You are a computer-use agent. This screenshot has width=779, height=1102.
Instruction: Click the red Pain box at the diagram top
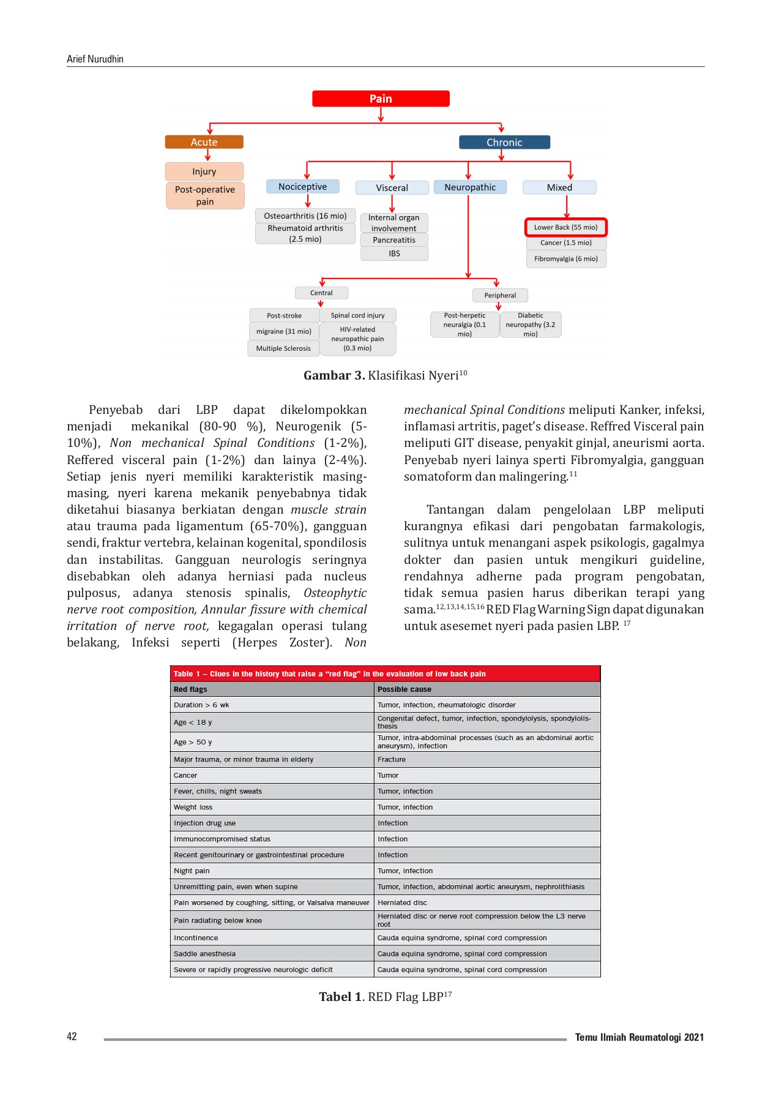point(381,99)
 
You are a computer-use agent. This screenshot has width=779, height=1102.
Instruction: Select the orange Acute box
point(204,142)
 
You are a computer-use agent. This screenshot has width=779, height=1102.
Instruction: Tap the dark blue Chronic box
point(504,143)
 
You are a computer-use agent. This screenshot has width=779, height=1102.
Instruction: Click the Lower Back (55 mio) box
point(565,227)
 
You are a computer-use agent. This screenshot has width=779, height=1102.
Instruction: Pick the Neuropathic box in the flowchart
point(470,187)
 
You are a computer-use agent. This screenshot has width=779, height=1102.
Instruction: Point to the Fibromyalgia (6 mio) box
point(565,259)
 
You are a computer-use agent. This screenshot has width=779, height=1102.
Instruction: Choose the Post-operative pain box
point(205,195)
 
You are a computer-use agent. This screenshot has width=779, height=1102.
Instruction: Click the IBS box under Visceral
point(394,253)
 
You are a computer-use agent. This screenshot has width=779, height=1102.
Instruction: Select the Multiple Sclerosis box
point(283,348)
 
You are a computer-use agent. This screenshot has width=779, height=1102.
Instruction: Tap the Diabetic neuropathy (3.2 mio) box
point(530,324)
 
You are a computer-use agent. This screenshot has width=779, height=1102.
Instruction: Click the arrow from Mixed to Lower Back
point(567,207)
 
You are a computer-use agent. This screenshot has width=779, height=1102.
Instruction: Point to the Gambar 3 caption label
point(334,375)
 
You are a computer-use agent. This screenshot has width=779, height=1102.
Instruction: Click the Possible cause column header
point(404,689)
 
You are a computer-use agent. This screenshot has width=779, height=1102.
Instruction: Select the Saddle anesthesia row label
point(204,954)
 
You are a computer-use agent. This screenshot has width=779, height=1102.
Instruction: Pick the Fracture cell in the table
point(392,759)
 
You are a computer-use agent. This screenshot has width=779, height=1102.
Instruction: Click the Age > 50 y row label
point(193,742)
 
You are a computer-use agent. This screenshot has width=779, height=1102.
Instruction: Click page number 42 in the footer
point(72,1036)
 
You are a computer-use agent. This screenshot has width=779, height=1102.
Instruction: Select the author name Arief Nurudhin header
point(95,59)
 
